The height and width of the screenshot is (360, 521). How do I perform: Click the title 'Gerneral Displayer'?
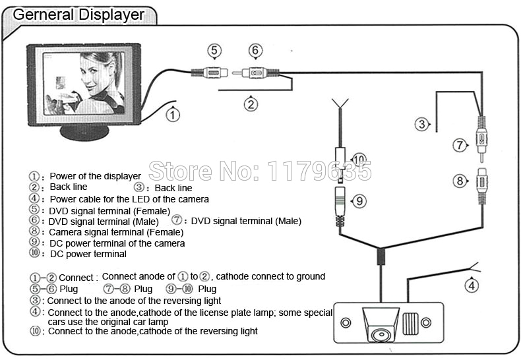click(x=78, y=13)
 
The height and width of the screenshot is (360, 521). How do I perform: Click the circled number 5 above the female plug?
click(x=212, y=49)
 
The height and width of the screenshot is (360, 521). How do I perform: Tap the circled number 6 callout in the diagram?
click(x=255, y=50)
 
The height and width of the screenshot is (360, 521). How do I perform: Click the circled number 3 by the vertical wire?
click(x=420, y=123)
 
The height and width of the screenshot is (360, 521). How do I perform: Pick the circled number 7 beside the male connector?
click(x=460, y=146)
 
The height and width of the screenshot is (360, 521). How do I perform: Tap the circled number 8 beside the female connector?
click(x=460, y=181)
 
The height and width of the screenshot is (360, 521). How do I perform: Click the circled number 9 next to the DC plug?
click(x=358, y=201)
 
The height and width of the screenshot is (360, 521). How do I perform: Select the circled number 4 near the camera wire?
click(x=471, y=285)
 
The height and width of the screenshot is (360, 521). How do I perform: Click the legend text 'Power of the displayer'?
click(x=96, y=176)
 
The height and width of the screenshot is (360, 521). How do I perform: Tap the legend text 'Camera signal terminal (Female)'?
click(x=116, y=232)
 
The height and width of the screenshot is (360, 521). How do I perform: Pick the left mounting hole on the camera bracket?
click(x=346, y=323)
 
